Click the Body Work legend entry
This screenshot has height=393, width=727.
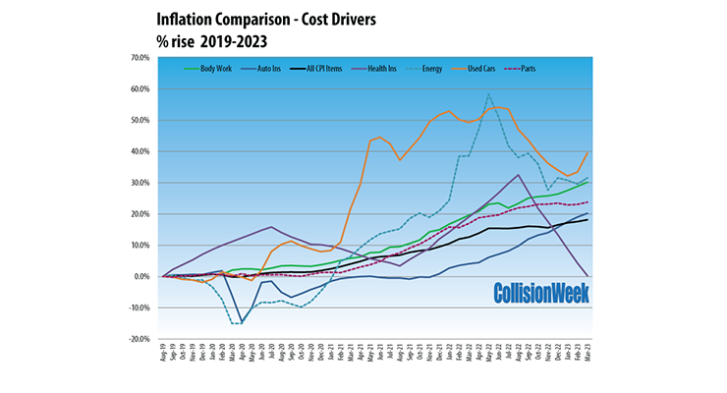tap(209, 69)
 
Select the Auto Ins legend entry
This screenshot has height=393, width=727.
tap(264, 69)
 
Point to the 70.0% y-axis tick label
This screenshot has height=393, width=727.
tap(139, 58)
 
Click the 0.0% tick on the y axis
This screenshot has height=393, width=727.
tap(140, 277)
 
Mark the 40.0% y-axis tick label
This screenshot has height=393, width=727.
tap(139, 151)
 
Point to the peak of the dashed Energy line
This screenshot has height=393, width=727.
tap(488, 95)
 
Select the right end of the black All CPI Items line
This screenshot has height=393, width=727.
tap(588, 220)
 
